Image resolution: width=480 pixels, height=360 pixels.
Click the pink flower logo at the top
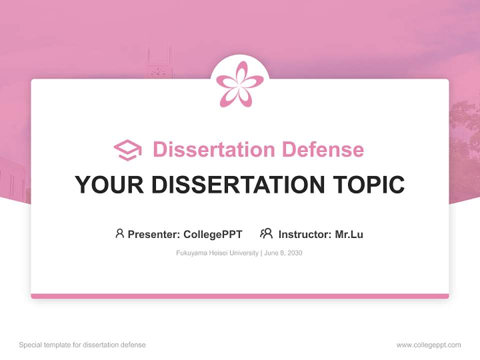[x=240, y=84]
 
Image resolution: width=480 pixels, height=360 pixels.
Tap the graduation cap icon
[x=127, y=149]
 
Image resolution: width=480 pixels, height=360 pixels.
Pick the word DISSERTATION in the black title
[x=237, y=185]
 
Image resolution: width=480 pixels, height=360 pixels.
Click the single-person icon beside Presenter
[x=119, y=233]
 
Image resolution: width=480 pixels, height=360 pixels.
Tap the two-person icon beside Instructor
[x=266, y=233]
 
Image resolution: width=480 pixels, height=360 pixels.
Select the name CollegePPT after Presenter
[x=212, y=234]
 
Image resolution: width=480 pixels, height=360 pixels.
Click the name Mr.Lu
[x=349, y=234]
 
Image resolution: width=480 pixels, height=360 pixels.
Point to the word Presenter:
[x=154, y=234]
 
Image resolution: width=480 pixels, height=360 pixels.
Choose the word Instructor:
[x=305, y=234]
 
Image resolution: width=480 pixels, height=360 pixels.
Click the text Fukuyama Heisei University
[x=217, y=253]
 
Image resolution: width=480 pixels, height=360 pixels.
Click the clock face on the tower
[x=157, y=73]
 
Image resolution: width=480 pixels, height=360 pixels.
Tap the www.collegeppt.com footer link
[x=428, y=345]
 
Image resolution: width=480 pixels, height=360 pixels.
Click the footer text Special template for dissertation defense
[x=82, y=345]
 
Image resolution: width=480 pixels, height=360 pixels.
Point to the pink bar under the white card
[x=240, y=296]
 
